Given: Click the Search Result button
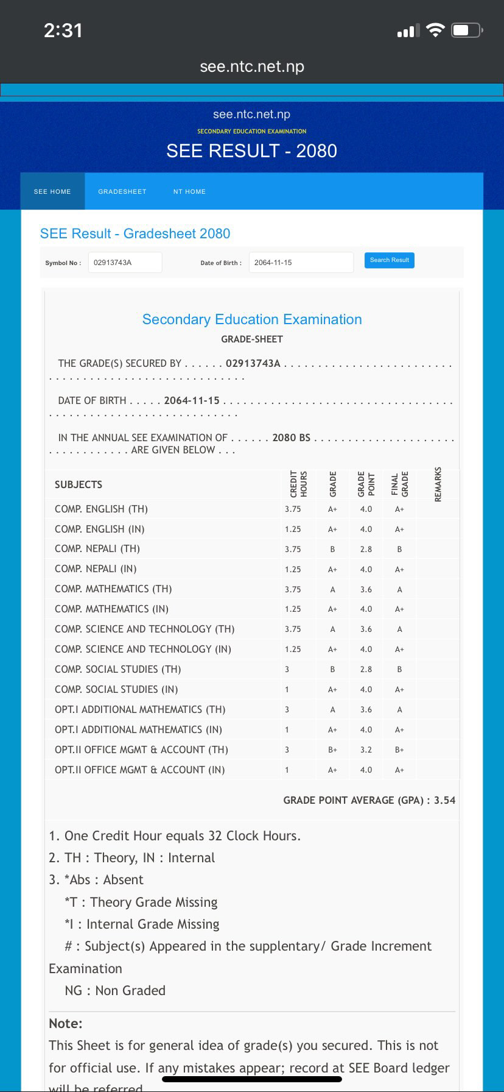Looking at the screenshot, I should click(389, 260).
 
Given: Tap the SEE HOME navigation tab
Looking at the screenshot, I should click(52, 191).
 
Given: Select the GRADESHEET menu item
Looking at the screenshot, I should click(122, 191).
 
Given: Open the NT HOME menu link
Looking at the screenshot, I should click(189, 191).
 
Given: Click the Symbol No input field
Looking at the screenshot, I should click(125, 263).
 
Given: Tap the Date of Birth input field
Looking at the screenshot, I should click(301, 263).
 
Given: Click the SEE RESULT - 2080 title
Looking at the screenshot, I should click(251, 151).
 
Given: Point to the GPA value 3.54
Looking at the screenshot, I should click(444, 800).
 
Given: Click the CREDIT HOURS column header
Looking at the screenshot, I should click(298, 484).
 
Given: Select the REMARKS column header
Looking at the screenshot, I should click(438, 484).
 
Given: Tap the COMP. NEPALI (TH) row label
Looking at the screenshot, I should click(97, 548).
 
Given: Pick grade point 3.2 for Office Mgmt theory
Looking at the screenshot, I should click(366, 750).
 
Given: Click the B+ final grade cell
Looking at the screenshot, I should click(399, 750).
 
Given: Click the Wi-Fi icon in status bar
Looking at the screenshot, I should click(435, 30).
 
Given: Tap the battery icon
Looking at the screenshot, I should click(467, 30).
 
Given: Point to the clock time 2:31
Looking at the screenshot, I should click(63, 30).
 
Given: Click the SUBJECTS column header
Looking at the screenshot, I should click(79, 484).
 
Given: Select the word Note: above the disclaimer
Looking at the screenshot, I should click(66, 1023).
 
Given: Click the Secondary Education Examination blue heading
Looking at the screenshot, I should click(252, 319).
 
